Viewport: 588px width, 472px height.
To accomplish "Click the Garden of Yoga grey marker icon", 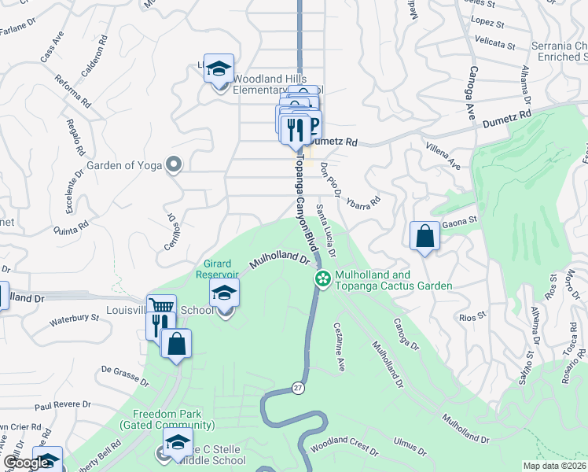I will (175, 165).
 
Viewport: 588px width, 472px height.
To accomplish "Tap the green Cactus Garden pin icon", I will (322, 278).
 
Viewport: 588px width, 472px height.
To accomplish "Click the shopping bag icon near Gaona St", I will (424, 236).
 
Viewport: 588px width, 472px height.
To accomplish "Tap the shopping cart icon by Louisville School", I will (161, 308).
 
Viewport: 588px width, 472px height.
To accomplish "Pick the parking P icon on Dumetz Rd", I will (312, 127).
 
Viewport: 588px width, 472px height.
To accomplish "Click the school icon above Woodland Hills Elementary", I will (219, 68).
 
